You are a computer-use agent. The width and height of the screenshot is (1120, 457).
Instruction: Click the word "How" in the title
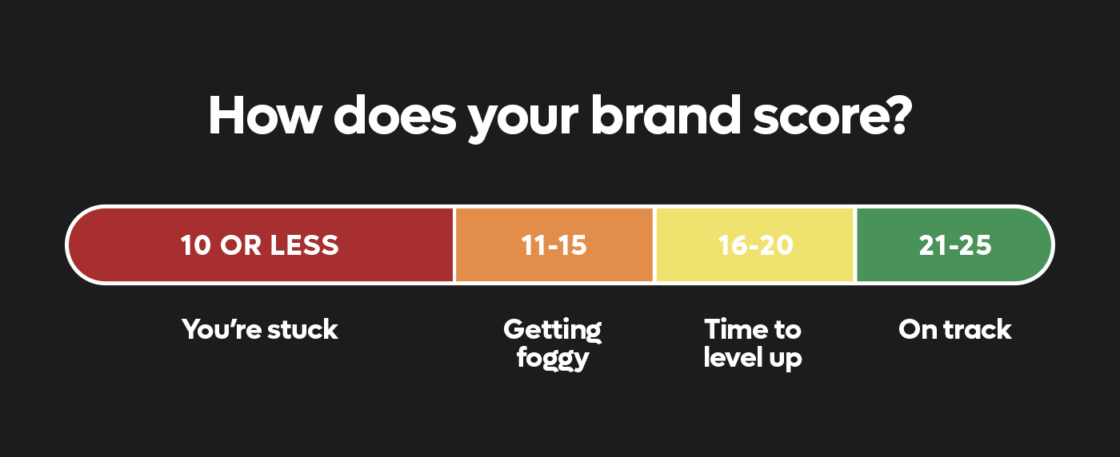point(263,115)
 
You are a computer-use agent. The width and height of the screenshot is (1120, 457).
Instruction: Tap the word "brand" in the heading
point(666,115)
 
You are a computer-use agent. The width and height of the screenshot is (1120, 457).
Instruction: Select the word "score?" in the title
point(833,116)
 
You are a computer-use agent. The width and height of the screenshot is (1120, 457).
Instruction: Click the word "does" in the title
point(394,115)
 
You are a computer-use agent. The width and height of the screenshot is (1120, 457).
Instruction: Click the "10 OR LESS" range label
point(259,245)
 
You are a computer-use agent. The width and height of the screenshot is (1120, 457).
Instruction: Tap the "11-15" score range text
point(554,245)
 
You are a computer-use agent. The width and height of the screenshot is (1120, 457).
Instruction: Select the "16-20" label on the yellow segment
point(755,245)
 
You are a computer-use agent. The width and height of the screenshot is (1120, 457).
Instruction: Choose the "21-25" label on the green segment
point(955,245)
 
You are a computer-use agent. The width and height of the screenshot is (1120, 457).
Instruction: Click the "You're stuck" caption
point(259,330)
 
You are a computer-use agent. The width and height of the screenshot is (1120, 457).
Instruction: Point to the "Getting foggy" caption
point(553,344)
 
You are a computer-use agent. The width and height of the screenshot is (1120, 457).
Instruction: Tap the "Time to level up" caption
point(753,344)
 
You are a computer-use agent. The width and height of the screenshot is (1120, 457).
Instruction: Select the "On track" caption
point(955,330)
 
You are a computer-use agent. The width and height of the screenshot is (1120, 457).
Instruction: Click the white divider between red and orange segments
point(454,244)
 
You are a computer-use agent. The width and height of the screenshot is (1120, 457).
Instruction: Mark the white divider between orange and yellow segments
point(654,244)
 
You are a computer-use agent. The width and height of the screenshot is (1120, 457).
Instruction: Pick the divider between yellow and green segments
point(855,244)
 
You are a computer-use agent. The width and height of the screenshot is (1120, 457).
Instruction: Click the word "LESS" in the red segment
point(304,245)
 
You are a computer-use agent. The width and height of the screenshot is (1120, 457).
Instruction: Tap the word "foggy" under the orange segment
point(553,359)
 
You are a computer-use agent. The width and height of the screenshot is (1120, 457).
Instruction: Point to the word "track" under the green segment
point(977,330)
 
